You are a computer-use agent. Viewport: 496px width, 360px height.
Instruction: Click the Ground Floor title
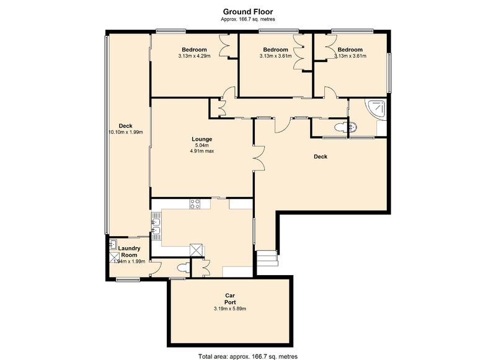pos(247,12)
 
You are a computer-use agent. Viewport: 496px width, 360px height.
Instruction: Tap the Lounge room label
pos(202,139)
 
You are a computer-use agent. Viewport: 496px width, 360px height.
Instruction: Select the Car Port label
pos(230,299)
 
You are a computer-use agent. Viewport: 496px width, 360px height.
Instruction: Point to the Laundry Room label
pos(129,252)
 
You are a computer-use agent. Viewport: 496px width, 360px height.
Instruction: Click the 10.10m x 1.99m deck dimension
pos(126,132)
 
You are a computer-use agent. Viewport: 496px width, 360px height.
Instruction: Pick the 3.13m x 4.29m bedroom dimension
pos(194,56)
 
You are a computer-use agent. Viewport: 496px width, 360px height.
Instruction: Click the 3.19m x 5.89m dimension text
pos(230,309)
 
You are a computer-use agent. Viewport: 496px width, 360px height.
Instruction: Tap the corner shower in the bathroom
pos(376,109)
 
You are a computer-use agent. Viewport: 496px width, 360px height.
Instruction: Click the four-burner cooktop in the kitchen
pos(195,204)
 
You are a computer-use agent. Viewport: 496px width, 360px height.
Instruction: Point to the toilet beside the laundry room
pos(182,268)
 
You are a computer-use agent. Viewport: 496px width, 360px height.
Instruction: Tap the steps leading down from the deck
pos(267,258)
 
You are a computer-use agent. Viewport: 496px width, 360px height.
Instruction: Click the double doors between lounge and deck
pos(258,159)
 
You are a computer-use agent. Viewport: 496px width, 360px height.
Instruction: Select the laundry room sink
pos(112,244)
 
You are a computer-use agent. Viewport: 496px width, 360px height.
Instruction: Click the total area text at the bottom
pos(248,356)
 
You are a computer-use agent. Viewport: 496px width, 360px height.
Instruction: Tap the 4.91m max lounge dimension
pos(202,151)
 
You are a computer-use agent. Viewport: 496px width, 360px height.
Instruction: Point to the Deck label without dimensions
pos(321,156)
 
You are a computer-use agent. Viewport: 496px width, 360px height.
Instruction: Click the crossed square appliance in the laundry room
pos(114,258)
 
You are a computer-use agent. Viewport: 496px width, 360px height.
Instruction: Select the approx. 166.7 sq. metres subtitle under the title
pos(247,19)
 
